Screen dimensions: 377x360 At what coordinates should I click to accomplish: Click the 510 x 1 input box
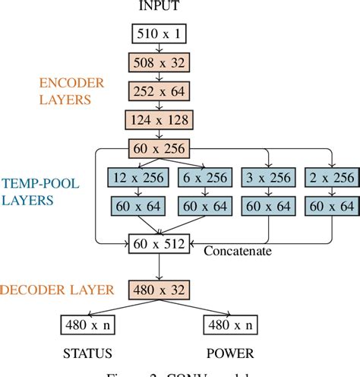(159, 33)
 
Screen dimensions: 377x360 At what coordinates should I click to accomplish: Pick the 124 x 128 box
(159, 119)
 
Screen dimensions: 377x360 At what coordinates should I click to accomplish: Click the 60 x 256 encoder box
(159, 148)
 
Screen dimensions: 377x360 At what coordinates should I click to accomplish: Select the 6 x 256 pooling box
(203, 177)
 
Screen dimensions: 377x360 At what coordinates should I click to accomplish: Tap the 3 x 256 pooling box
(267, 177)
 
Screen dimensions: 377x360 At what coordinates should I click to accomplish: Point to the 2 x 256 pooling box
(332, 177)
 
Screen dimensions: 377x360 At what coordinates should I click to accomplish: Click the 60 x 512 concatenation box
(159, 243)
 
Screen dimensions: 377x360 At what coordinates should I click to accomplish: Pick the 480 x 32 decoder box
(159, 289)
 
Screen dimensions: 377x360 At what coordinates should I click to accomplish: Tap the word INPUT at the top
(159, 8)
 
